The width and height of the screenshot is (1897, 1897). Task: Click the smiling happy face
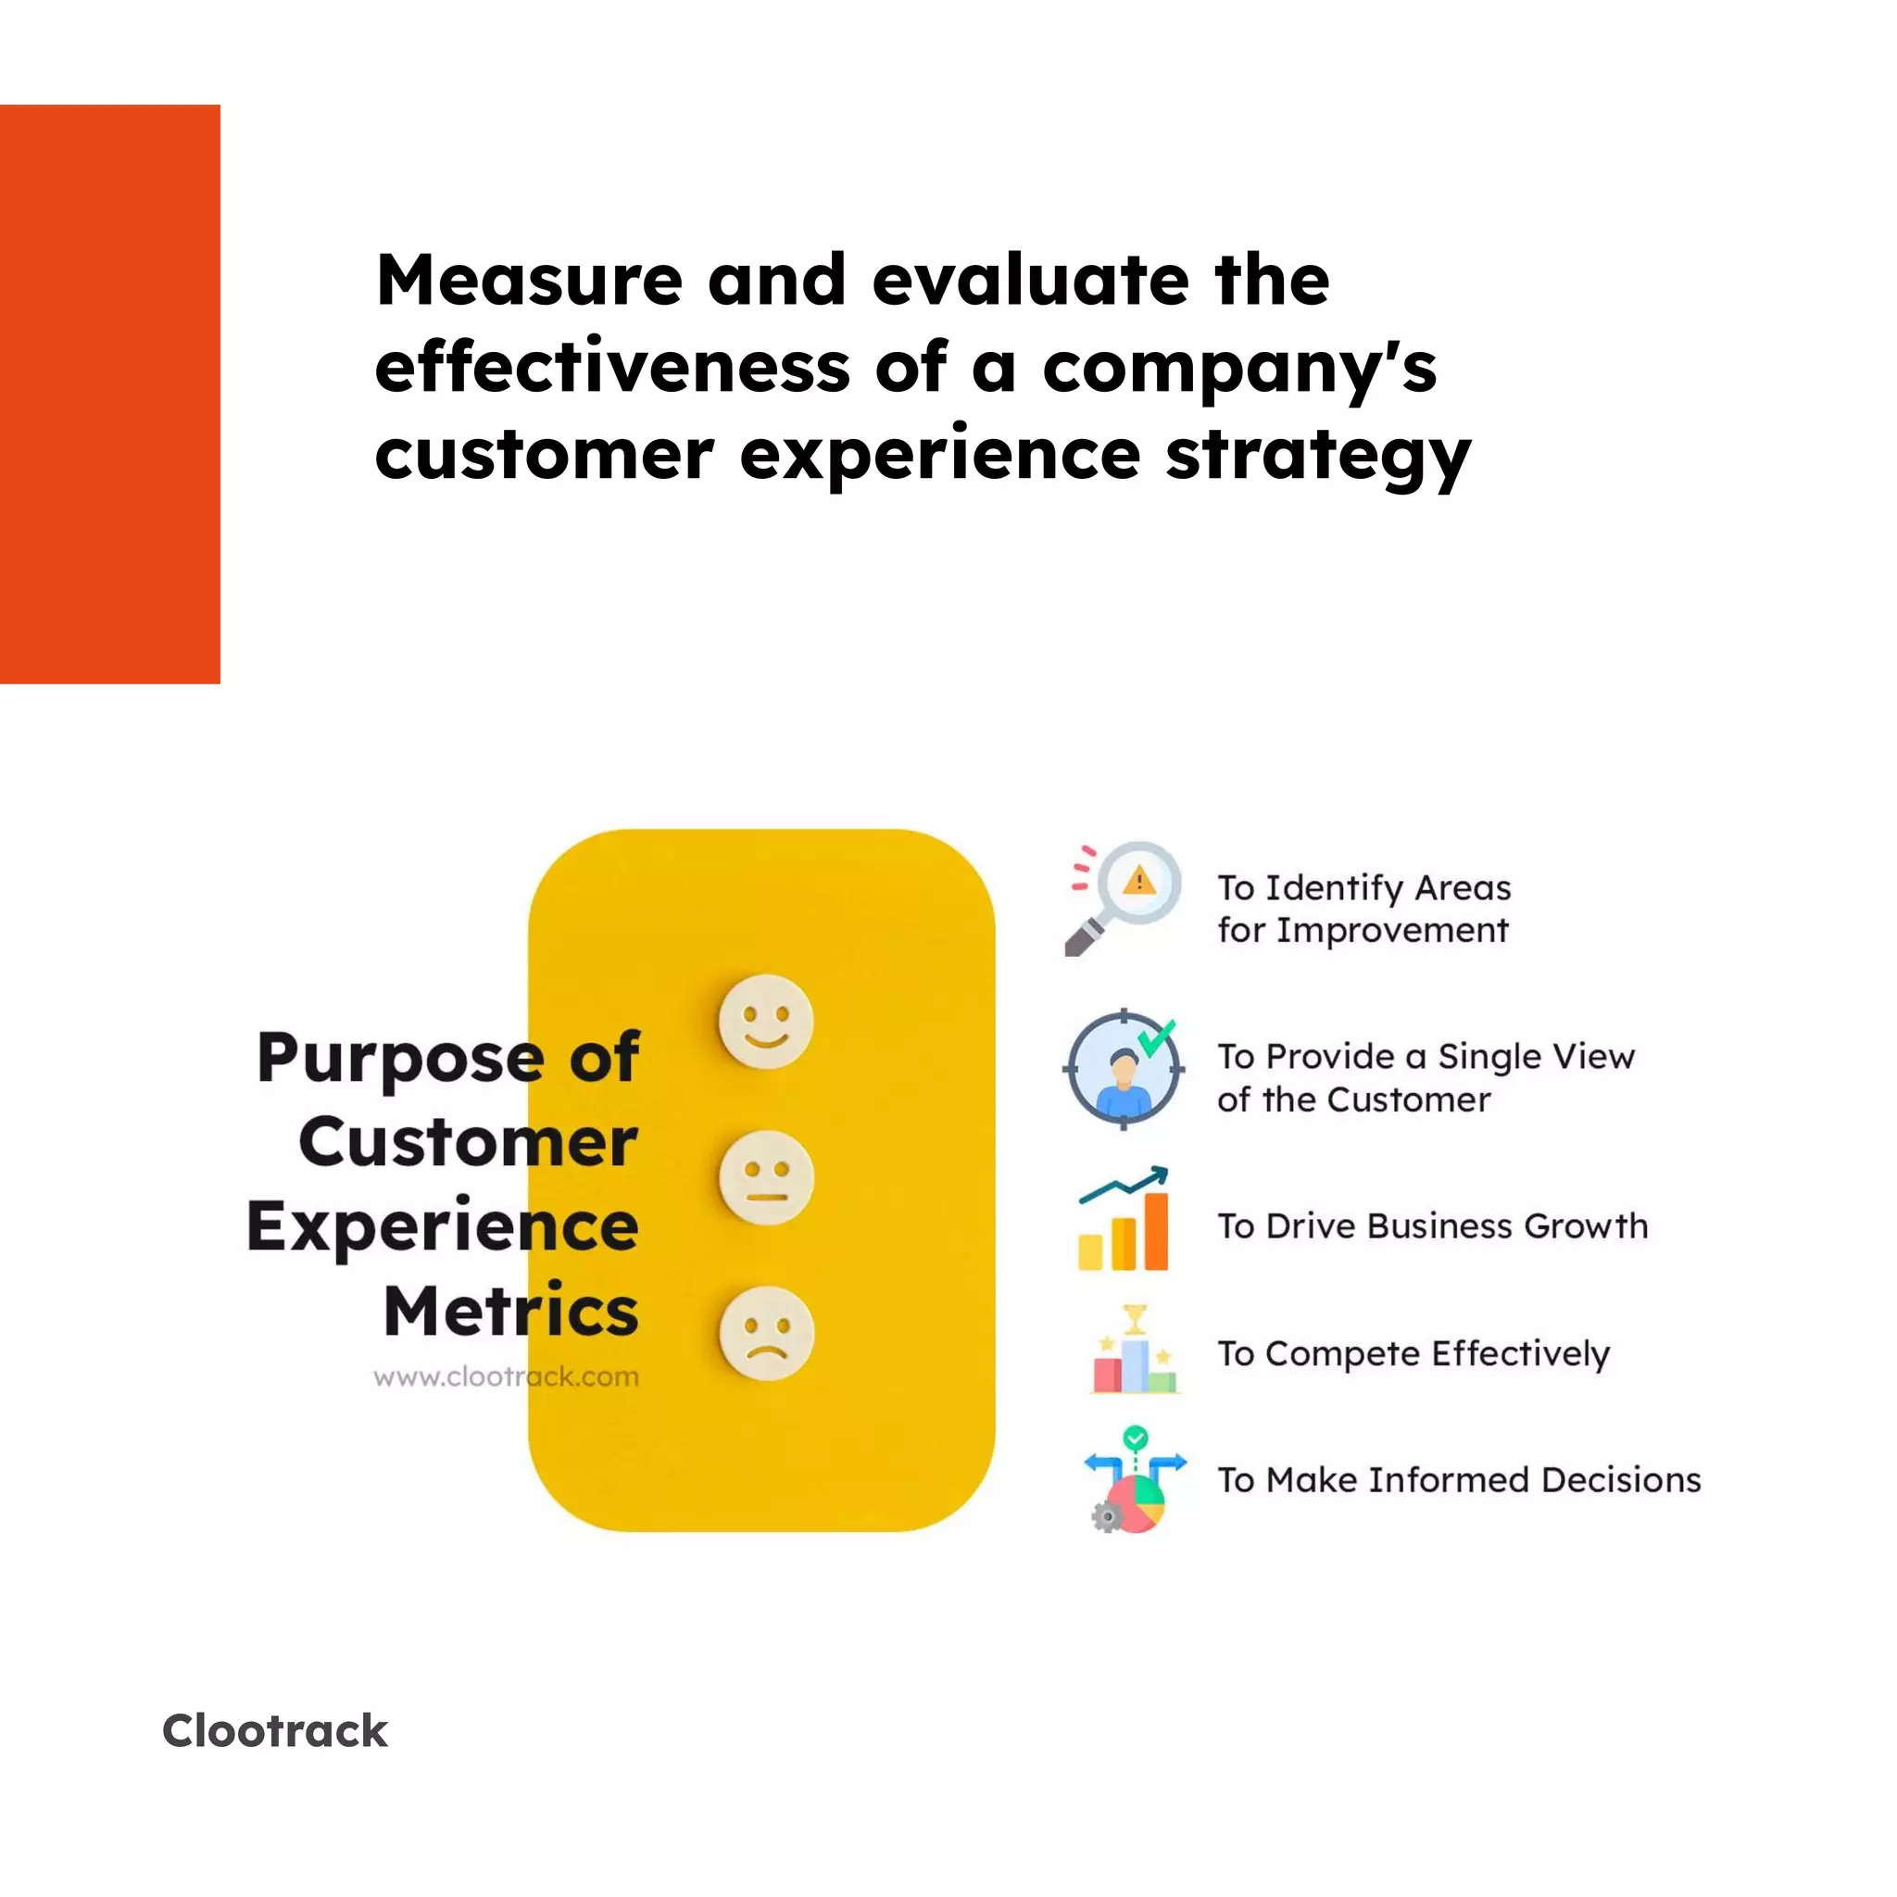click(x=766, y=1021)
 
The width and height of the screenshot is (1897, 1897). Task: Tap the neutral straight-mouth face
click(x=766, y=1177)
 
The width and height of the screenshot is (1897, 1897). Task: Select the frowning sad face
click(x=766, y=1334)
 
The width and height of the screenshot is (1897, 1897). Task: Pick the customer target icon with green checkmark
click(x=1124, y=1069)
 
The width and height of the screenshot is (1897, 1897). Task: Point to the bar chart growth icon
click(x=1124, y=1219)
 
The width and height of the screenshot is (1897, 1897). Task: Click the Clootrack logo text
click(x=275, y=1730)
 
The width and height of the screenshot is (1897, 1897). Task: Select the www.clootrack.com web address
click(x=506, y=1376)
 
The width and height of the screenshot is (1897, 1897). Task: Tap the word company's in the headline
click(x=1239, y=370)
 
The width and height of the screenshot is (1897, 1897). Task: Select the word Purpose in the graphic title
click(x=400, y=1059)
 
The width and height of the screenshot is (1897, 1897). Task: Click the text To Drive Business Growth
click(x=1432, y=1226)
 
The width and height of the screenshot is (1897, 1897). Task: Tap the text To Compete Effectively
click(x=1413, y=1354)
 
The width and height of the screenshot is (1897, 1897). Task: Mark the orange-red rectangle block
click(x=110, y=394)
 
